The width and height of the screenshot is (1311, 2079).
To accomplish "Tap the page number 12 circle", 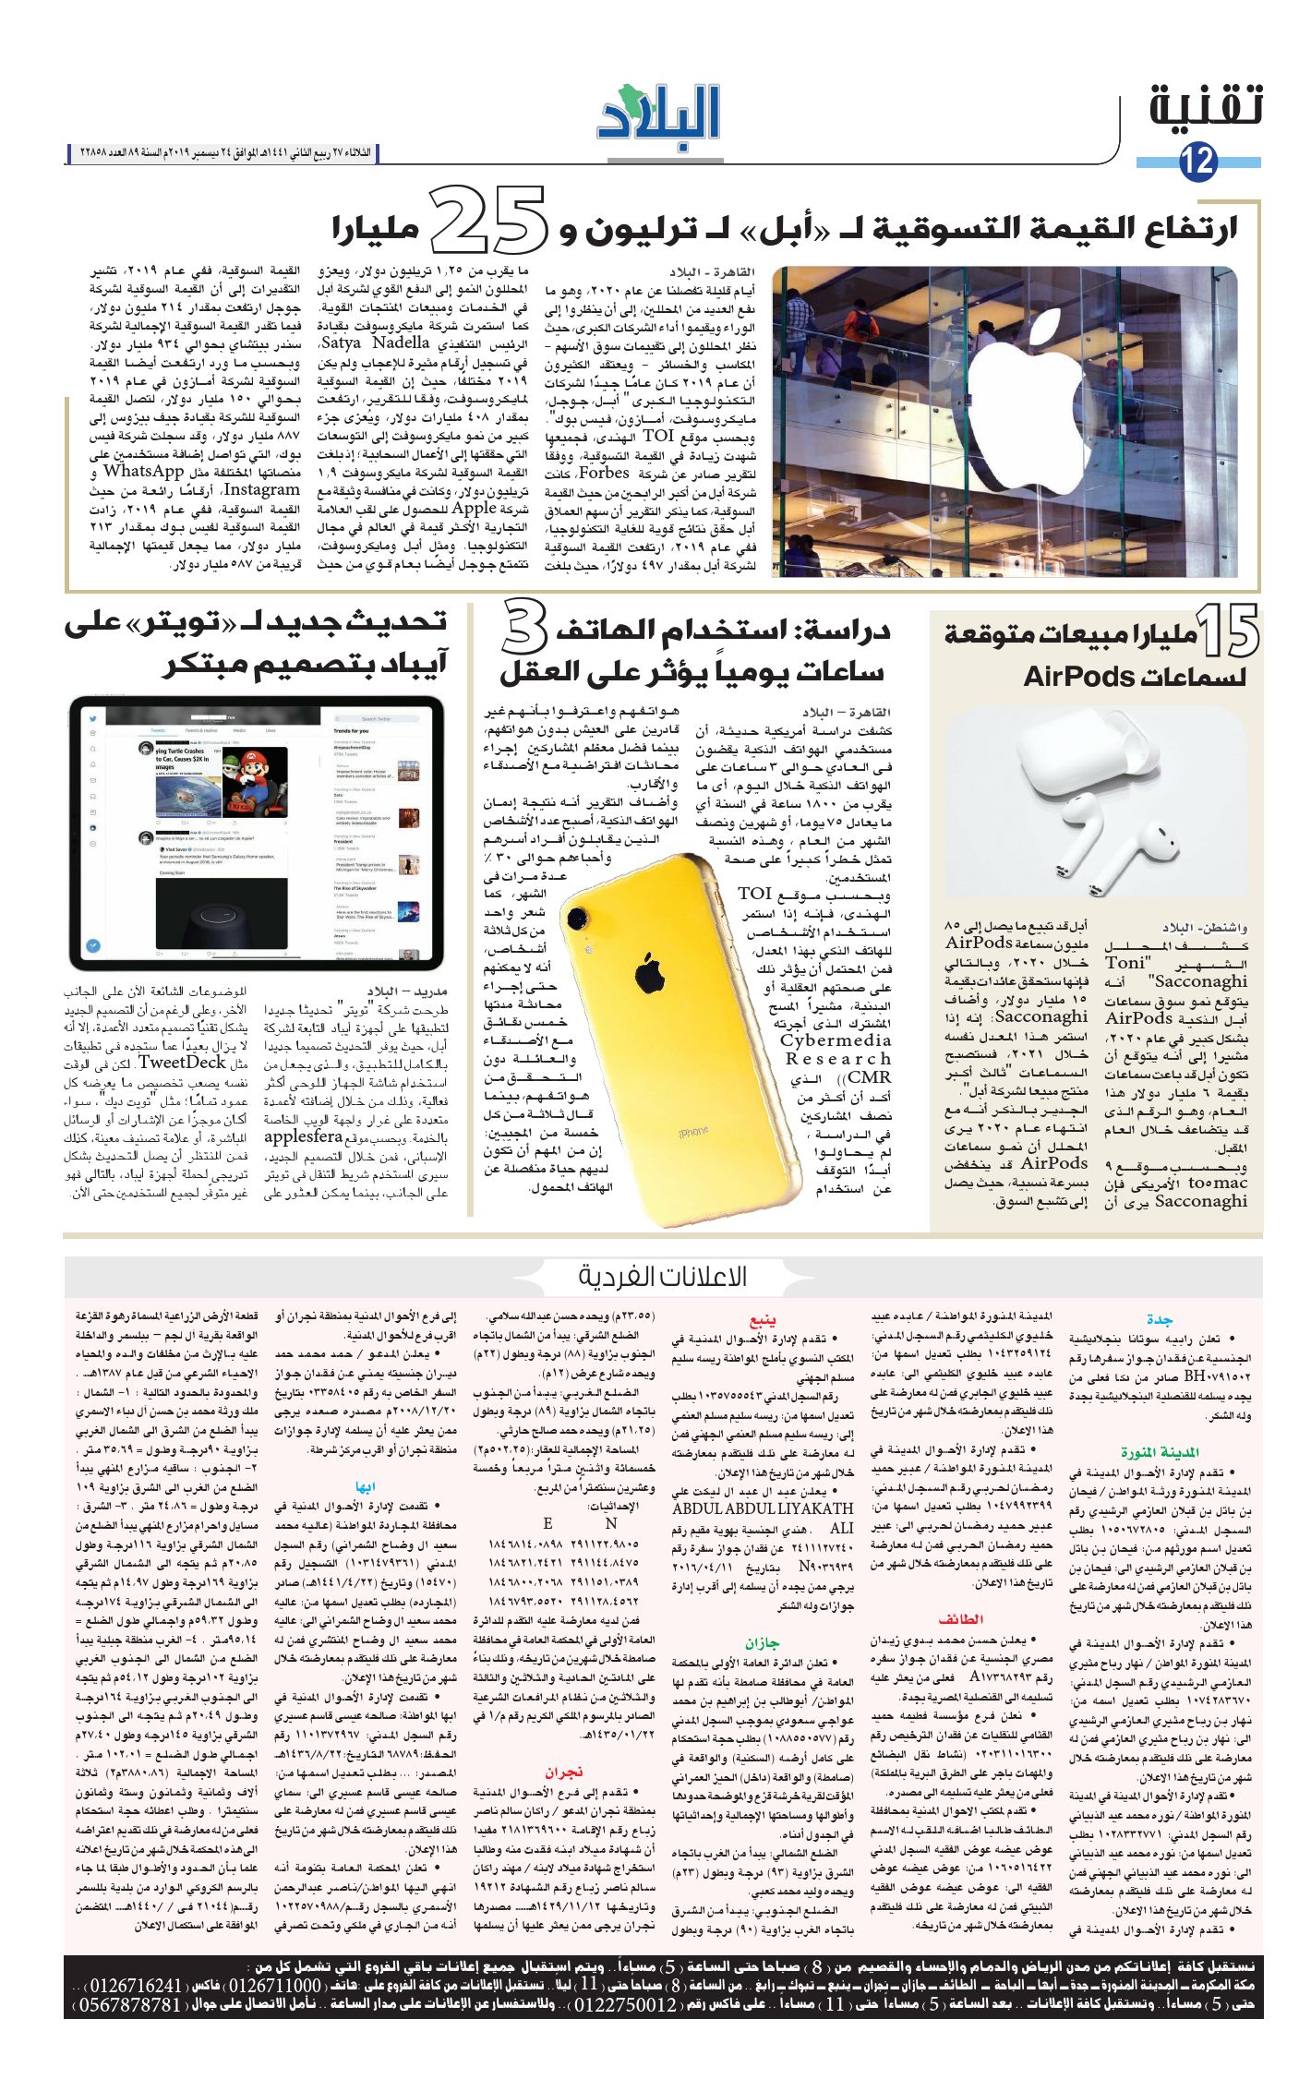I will (x=1198, y=162).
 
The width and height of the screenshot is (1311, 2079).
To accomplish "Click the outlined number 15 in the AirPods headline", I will (x=1229, y=632).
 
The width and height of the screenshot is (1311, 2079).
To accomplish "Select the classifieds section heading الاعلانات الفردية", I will (x=662, y=1277).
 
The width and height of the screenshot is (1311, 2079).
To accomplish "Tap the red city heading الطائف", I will (x=960, y=1618).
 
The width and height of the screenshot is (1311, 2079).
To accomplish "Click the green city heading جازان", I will (x=763, y=1643).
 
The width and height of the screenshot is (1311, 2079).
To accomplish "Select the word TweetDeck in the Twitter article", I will (x=181, y=1062).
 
